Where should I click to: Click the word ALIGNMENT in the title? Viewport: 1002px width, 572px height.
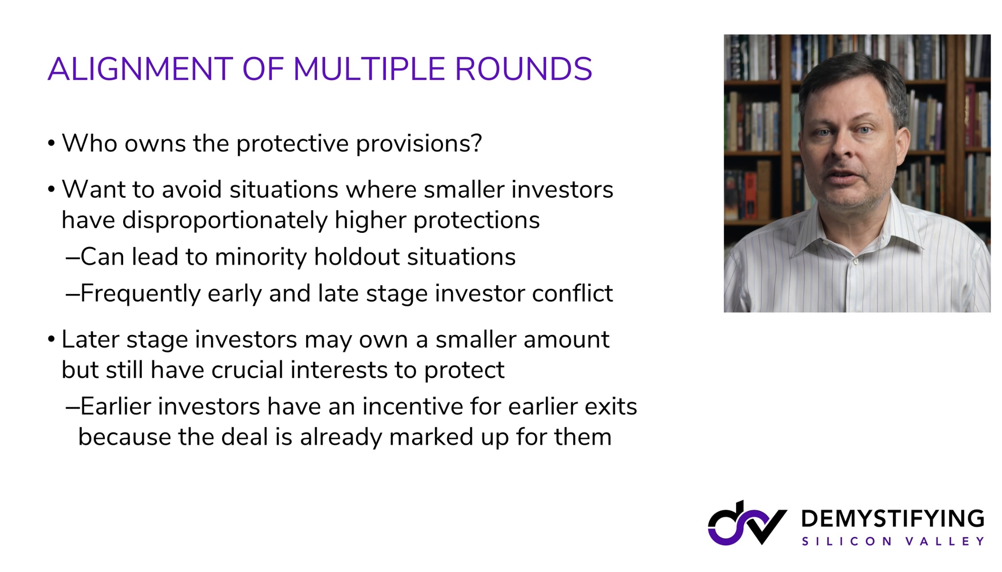coord(140,69)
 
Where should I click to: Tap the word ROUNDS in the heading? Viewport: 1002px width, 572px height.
coord(523,69)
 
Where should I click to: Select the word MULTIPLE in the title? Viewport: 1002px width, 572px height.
coord(369,69)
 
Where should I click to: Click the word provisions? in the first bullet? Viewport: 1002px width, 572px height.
coord(419,144)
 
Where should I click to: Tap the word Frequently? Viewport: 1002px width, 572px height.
coord(140,294)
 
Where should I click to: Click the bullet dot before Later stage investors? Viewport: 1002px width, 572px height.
coord(51,340)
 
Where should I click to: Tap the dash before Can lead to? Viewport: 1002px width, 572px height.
coord(72,257)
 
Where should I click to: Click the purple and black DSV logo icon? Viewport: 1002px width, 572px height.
coord(747,523)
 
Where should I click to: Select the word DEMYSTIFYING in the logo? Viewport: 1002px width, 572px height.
coord(893,518)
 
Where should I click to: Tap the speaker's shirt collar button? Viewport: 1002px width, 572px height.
coord(856,262)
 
